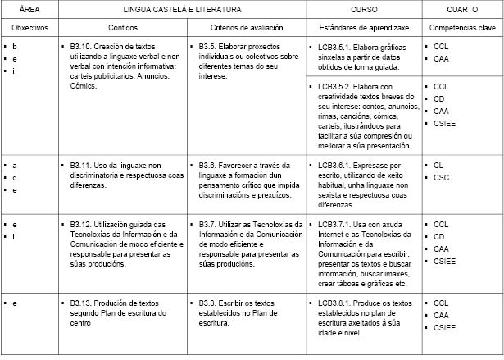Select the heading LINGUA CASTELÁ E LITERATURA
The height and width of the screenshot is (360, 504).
pyautogui.click(x=182, y=9)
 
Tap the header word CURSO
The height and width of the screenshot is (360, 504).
pyautogui.click(x=364, y=9)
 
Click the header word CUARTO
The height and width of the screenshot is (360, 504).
pyautogui.click(x=462, y=9)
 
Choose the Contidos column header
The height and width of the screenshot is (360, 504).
pyautogui.click(x=121, y=28)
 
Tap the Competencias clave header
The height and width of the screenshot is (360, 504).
pyautogui.click(x=462, y=28)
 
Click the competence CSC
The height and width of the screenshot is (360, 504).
pyautogui.click(x=441, y=177)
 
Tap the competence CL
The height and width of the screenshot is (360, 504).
pyautogui.click(x=438, y=165)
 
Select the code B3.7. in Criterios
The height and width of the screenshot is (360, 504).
pyautogui.click(x=209, y=224)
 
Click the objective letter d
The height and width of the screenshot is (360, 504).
pyautogui.click(x=15, y=177)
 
